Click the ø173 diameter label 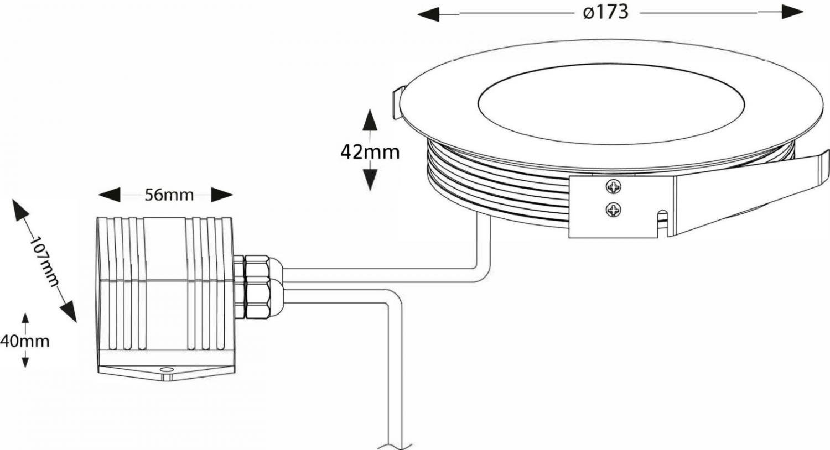(606, 12)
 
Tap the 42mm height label (370, 152)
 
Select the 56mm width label (169, 195)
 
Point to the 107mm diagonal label (44, 261)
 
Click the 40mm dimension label (24, 341)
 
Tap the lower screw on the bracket (613, 210)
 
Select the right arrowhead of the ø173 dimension (792, 12)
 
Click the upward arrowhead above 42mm (370, 120)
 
